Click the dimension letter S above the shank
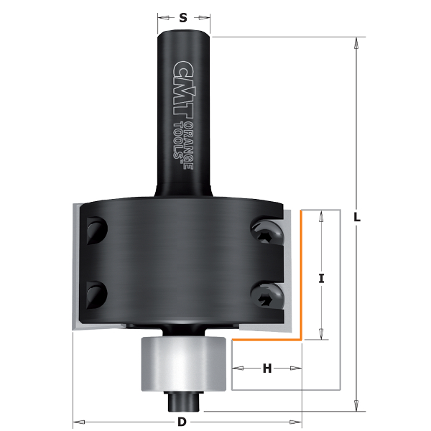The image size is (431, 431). (183, 18)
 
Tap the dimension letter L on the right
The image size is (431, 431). (357, 218)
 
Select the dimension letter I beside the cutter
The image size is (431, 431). (321, 279)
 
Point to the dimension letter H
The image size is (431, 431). (267, 369)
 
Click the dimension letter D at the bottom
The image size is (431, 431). (182, 422)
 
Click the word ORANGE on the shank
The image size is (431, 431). (188, 146)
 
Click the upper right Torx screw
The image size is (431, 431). (267, 231)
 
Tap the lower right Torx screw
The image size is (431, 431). (267, 296)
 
